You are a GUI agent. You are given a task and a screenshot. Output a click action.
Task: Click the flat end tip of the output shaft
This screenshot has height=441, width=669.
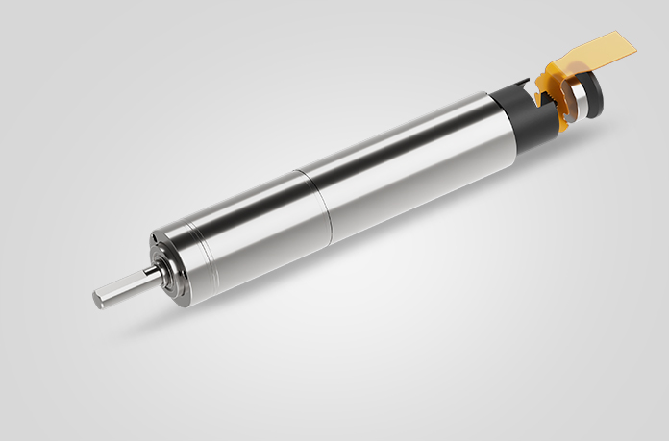click(x=98, y=299)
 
